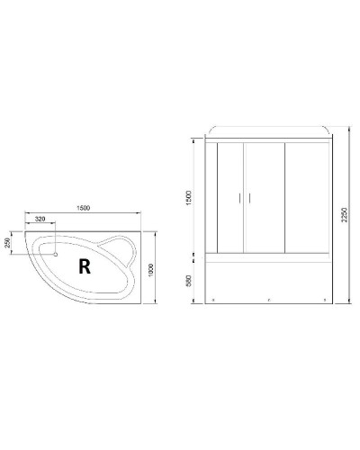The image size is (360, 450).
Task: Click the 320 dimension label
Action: (41, 220)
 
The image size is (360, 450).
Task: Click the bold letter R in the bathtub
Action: (84, 265)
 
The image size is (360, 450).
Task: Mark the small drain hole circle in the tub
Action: (57, 254)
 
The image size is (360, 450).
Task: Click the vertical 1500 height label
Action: (188, 197)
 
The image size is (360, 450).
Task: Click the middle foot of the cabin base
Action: (268, 299)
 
